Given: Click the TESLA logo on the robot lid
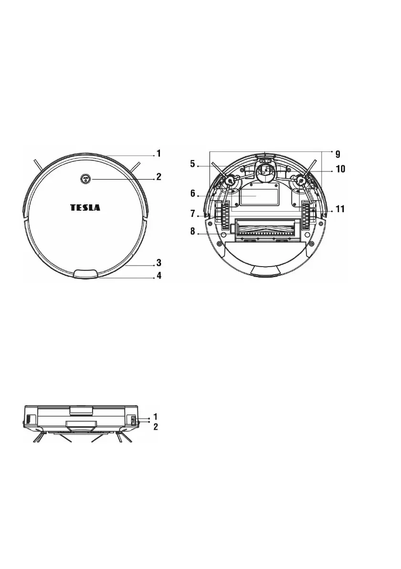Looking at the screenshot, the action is (85, 207).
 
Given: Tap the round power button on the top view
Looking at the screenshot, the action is (85, 179).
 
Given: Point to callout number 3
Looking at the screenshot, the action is (158, 262).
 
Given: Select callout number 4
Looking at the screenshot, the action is (159, 276).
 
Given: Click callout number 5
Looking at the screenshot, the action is (192, 164).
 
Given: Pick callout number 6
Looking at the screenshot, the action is (193, 193).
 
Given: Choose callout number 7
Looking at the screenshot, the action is (193, 214).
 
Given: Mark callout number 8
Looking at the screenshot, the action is (193, 231).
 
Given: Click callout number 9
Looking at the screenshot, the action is (338, 154).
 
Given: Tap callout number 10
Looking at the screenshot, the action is (340, 169).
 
